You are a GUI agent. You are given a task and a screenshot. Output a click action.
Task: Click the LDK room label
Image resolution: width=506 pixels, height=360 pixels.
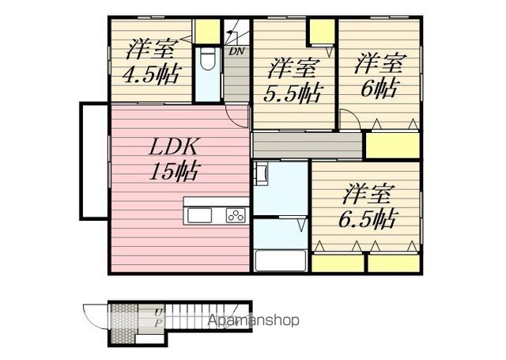[172, 147]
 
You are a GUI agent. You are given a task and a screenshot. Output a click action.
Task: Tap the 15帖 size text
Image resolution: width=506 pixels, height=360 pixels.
[173, 171]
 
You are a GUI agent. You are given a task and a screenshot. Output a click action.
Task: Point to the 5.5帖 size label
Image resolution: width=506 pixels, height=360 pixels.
[293, 93]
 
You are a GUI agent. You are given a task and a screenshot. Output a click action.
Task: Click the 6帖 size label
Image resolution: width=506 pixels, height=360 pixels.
[378, 88]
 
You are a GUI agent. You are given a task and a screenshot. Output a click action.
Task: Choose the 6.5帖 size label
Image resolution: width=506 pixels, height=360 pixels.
[367, 218]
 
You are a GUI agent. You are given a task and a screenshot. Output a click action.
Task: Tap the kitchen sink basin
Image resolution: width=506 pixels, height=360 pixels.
[199, 215]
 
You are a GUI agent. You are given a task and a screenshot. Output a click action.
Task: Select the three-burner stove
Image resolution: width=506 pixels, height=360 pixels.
[236, 215]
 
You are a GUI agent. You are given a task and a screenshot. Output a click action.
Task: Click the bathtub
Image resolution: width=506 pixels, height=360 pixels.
[280, 261]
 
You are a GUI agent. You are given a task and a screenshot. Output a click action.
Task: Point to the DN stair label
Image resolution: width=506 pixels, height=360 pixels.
[237, 51]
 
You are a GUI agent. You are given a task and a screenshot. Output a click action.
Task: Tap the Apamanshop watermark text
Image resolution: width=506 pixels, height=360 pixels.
[253, 320]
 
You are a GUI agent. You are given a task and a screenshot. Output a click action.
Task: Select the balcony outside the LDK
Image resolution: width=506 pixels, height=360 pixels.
[94, 161]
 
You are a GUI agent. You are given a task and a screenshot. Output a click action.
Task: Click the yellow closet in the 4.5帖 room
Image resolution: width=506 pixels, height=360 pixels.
[208, 32]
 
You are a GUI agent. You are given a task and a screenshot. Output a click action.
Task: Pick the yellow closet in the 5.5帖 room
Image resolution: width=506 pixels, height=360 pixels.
[323, 32]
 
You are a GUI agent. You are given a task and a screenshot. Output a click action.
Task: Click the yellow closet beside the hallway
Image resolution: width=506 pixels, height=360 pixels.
[392, 146]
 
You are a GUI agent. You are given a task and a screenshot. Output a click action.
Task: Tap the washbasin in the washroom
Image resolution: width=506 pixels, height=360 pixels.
[261, 174]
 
